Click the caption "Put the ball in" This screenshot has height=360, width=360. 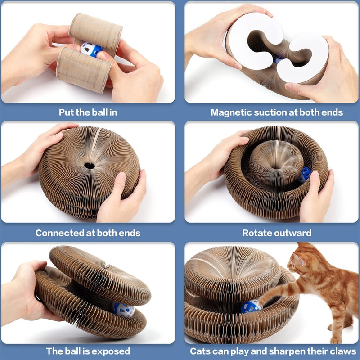[88, 112]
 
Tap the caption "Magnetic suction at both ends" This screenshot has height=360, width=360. [272, 112]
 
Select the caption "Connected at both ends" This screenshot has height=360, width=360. [88, 233]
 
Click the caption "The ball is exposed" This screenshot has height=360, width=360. [88, 351]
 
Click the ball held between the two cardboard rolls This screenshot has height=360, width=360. [91, 49]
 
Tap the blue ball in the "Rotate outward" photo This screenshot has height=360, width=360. [305, 174]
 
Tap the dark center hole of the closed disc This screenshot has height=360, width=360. [89, 166]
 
